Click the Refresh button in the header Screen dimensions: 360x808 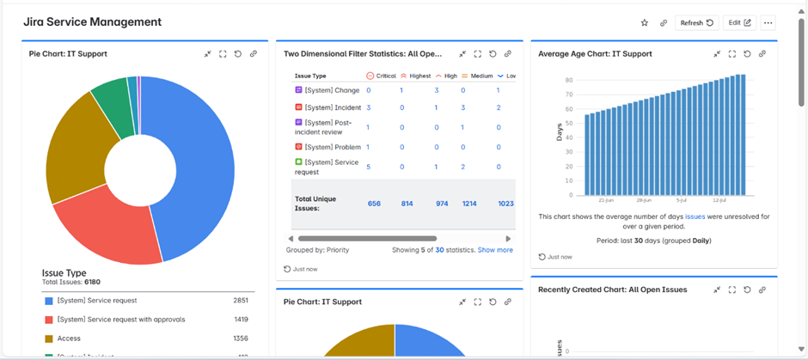coord(696,23)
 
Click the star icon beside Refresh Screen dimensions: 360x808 coord(645,23)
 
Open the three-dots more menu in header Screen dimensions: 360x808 coord(768,23)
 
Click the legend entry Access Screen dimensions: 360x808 coord(69,339)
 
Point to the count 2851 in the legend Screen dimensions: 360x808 coord(241,301)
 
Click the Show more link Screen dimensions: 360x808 coord(495,250)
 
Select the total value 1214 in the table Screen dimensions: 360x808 coord(469,204)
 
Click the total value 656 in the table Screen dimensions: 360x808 coord(374,204)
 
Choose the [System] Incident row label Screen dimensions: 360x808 coord(333,107)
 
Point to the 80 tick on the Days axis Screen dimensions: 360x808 coord(569,81)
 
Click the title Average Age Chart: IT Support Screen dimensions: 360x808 coord(595,53)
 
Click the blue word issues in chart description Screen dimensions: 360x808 coord(695,217)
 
